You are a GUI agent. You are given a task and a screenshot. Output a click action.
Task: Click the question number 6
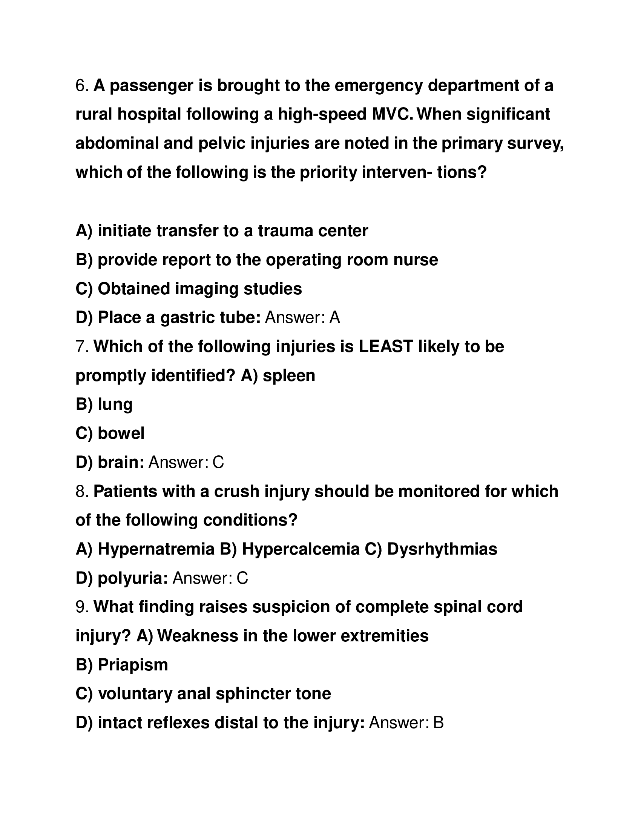82,86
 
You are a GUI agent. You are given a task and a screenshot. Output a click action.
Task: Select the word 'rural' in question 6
94,114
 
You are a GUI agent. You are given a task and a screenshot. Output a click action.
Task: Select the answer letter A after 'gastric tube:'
334,318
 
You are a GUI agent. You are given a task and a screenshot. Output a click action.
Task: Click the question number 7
82,347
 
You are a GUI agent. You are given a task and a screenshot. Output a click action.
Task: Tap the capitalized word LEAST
385,347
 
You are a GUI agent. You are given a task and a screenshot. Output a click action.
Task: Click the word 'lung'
115,404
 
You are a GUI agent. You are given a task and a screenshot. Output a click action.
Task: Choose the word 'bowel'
121,433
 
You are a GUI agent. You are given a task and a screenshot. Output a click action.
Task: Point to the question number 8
82,491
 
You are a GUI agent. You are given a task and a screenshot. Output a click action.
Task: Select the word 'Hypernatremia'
156,550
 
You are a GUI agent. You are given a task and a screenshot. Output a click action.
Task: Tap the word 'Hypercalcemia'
301,550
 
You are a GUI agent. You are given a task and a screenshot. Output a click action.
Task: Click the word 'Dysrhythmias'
442,550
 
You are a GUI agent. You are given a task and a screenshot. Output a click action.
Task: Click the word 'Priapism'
133,665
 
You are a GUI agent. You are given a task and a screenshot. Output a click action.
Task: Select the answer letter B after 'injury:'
438,723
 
